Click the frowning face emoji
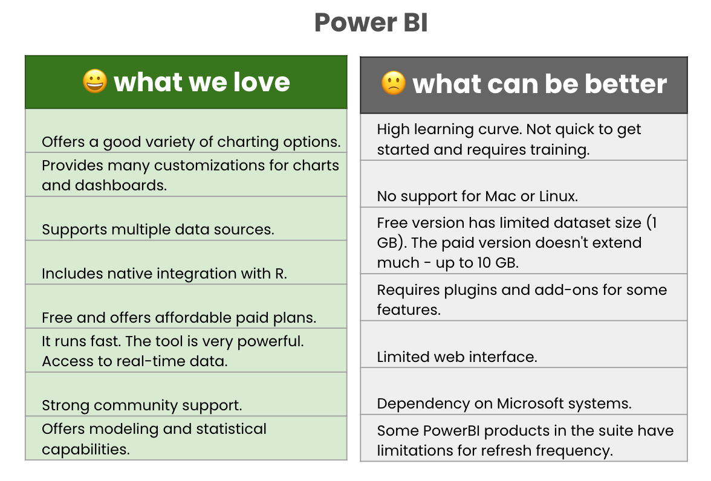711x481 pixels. [393, 83]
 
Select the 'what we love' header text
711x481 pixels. [202, 82]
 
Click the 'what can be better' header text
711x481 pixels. [539, 84]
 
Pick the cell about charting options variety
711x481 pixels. [190, 142]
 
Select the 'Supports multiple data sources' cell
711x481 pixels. [158, 230]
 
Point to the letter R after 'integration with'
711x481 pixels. [280, 274]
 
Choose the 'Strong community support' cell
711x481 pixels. [142, 405]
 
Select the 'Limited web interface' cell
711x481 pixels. [456, 357]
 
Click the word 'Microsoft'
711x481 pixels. [534, 404]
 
